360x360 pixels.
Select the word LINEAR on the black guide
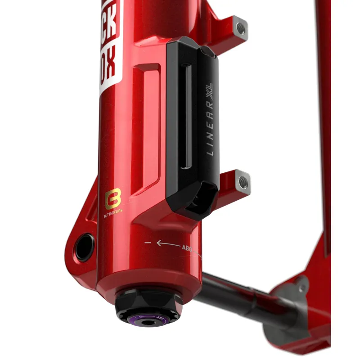click(210, 130)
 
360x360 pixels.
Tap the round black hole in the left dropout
click(84, 247)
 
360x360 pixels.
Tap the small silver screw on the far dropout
click(301, 285)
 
